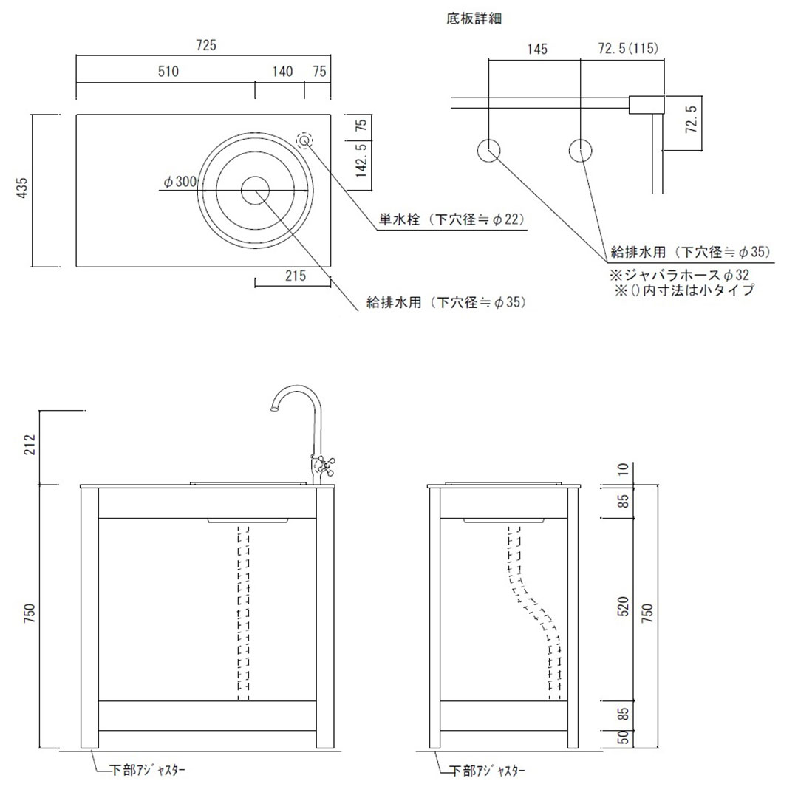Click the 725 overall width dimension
(206, 45)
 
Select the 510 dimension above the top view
(168, 72)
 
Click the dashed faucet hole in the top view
(304, 140)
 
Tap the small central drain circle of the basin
(256, 190)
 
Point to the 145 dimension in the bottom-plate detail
(537, 50)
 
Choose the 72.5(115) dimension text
(627, 50)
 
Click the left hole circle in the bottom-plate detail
(489, 151)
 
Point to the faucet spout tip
(273, 408)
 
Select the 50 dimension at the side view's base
(623, 737)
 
